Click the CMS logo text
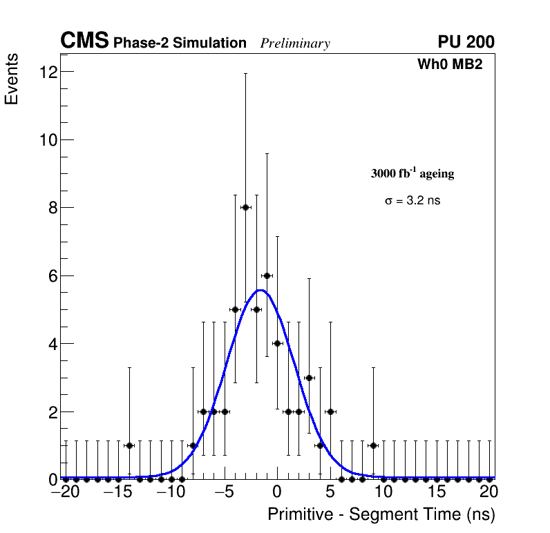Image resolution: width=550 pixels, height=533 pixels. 84,41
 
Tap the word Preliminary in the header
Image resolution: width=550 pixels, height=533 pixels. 295,43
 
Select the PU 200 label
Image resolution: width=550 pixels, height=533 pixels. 466,42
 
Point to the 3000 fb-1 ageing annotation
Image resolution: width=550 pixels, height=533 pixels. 413,173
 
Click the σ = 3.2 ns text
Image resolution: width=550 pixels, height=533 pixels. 413,201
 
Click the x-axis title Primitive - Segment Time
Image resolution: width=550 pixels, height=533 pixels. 381,514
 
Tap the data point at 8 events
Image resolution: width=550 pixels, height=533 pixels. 245,207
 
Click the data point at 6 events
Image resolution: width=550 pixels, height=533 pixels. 267,275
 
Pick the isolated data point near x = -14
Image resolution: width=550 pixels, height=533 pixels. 129,445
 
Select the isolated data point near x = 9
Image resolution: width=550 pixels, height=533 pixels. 373,445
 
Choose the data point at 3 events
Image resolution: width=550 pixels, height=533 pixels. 309,378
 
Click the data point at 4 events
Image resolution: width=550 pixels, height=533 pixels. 277,343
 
